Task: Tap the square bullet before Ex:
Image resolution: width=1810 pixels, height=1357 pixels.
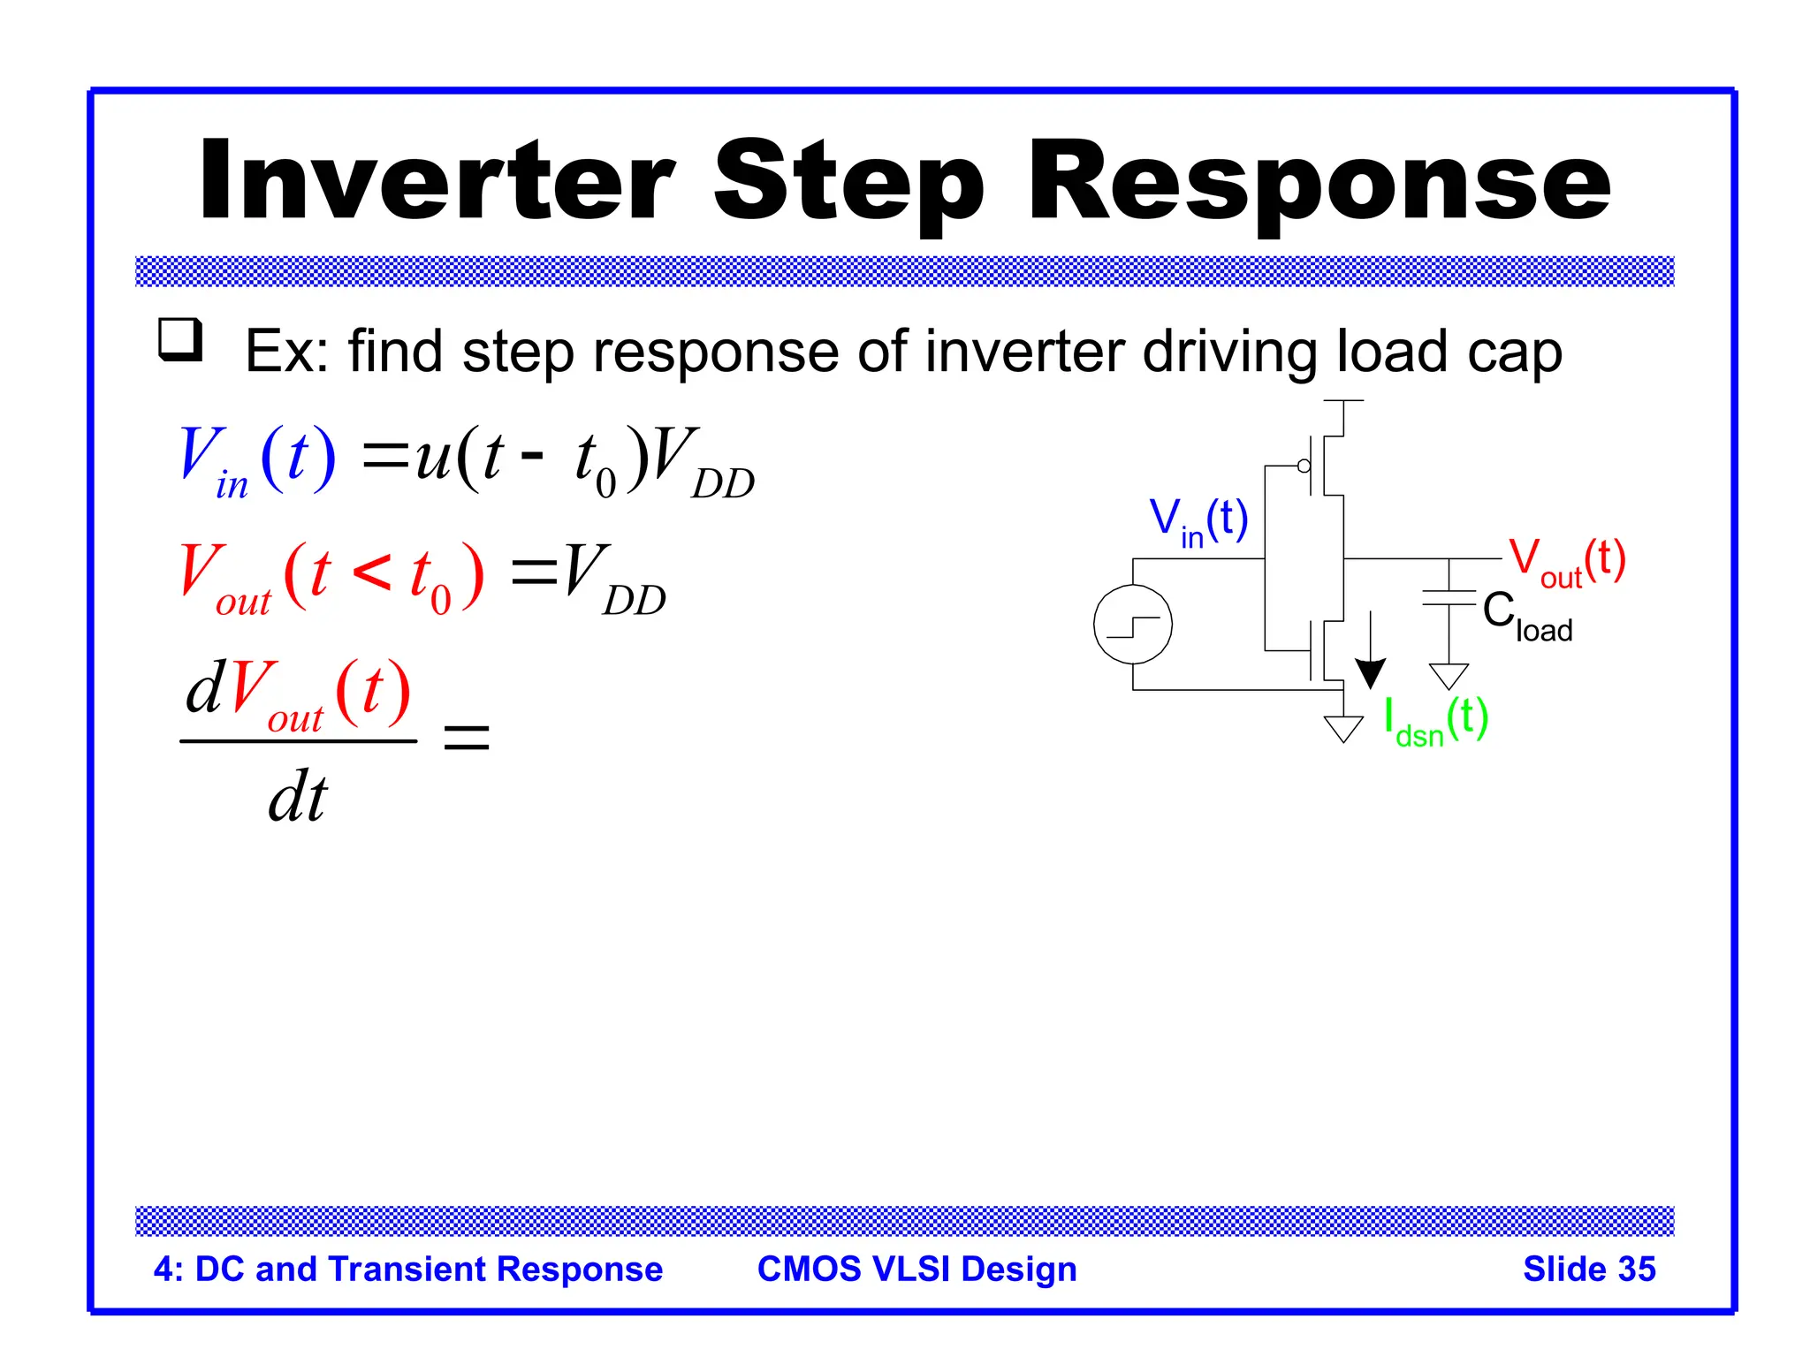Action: coord(180,340)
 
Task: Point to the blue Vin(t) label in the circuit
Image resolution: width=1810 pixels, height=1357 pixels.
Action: coord(1198,520)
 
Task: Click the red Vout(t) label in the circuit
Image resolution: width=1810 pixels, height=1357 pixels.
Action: coord(1566,561)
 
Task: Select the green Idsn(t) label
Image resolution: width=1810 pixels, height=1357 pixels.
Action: coord(1435,721)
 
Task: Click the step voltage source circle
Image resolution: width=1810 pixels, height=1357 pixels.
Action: coord(1132,625)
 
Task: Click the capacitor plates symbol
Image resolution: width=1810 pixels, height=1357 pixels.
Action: coord(1449,598)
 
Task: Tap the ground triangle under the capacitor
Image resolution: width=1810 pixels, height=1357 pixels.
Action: coord(1449,676)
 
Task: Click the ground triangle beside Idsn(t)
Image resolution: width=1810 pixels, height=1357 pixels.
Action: coord(1343,729)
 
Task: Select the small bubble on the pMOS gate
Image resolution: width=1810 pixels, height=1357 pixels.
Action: coord(1304,466)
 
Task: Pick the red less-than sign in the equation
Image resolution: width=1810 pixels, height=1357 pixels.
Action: coord(371,572)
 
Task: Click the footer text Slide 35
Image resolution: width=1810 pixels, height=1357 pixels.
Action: coord(1588,1269)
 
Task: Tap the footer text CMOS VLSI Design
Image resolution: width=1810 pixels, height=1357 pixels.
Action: coord(916,1269)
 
